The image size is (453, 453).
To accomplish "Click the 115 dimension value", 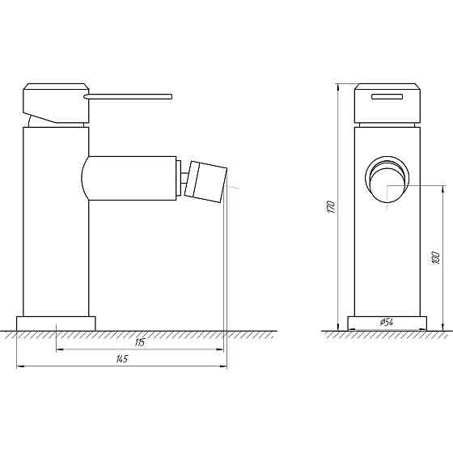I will point(140,343).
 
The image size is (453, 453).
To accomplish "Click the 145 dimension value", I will point(121,360).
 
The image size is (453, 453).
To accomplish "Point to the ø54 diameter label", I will point(386,323).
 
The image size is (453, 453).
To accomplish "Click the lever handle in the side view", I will point(129,96).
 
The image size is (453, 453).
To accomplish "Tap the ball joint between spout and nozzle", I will point(183,178).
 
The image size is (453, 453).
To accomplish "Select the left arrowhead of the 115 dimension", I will point(58,349).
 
